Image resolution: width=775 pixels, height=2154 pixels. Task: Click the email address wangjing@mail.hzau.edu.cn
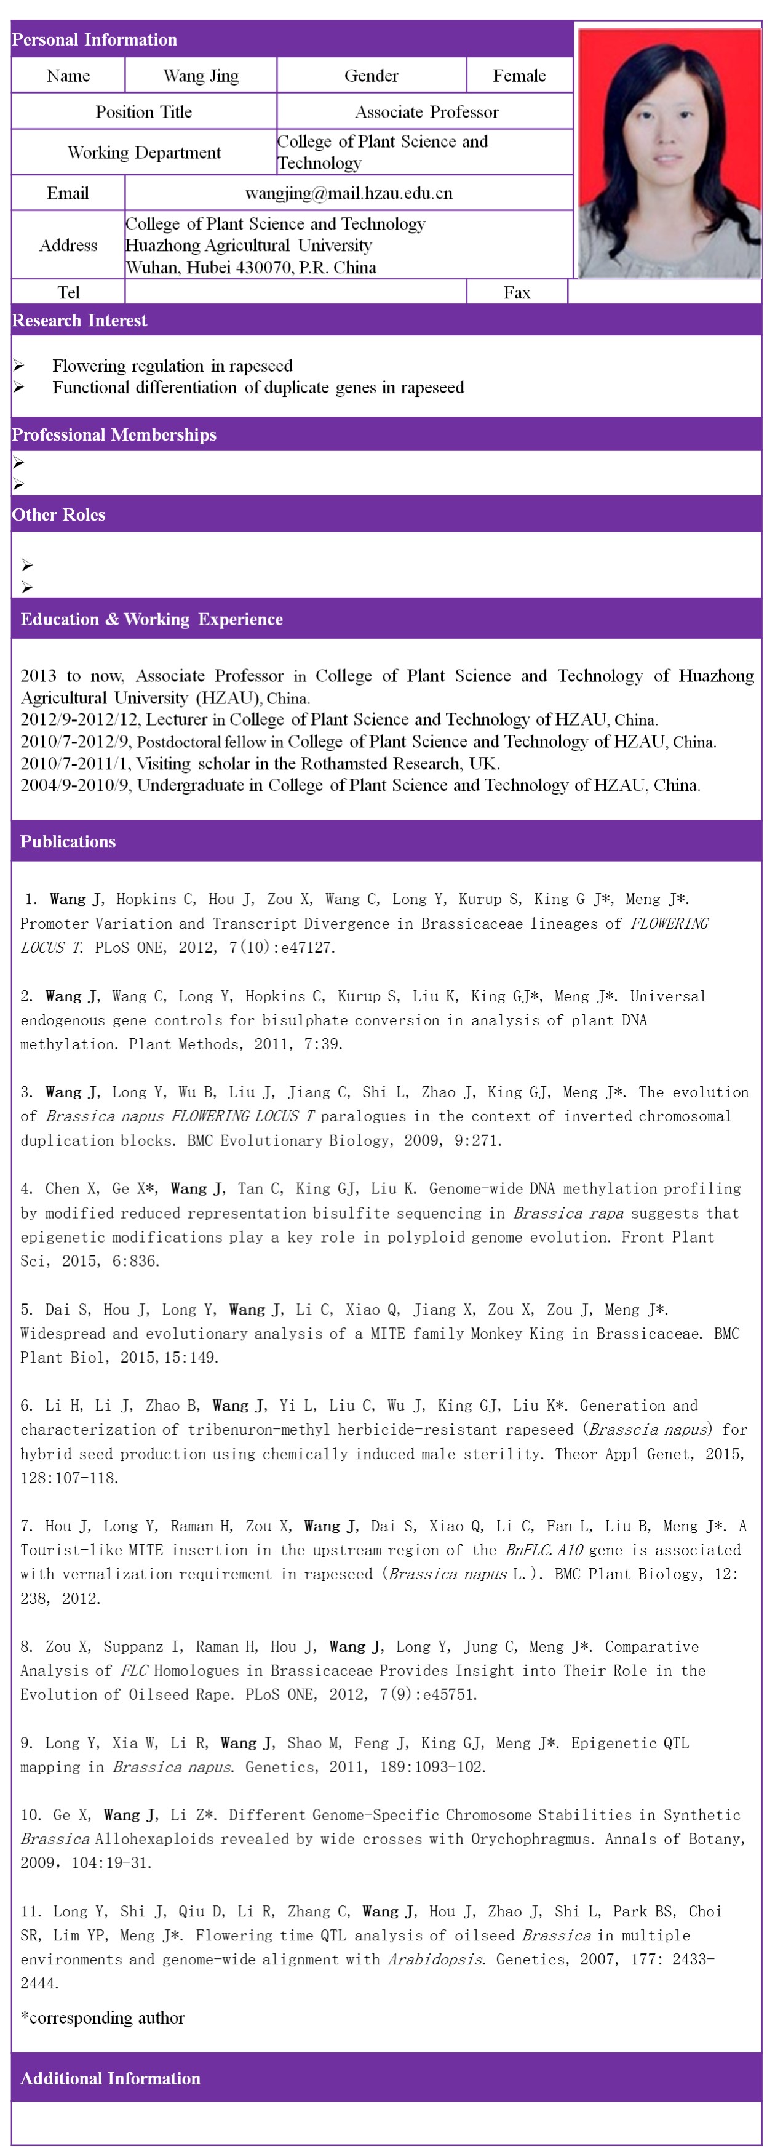click(x=349, y=194)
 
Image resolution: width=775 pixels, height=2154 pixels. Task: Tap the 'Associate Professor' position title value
click(x=426, y=112)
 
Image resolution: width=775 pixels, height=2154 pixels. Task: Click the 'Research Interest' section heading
click(x=79, y=320)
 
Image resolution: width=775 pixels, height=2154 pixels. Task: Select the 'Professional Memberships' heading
click(x=114, y=435)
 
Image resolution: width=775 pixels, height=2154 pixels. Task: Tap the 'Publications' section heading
click(x=68, y=841)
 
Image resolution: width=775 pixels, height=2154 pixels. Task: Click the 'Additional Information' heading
click(x=110, y=2078)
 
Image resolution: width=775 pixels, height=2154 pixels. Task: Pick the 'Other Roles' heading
click(x=58, y=515)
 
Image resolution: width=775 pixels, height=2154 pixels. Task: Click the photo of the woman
click(x=668, y=153)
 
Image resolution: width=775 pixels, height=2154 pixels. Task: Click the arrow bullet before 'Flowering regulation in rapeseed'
click(x=18, y=366)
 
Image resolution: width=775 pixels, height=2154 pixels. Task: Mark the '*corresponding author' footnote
click(x=103, y=2018)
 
